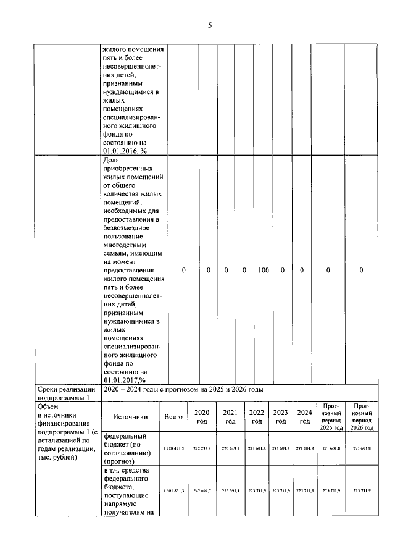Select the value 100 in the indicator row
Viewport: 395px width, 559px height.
pos(263,270)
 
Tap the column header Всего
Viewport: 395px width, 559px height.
pos(173,417)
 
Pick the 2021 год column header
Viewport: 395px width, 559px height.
pos(230,417)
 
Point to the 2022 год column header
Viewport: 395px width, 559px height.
pos(256,417)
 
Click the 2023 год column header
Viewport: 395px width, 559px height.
pos(281,417)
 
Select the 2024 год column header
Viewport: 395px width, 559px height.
pos(304,417)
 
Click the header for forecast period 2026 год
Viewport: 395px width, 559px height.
pos(362,417)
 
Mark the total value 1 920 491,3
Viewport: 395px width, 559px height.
pos(173,448)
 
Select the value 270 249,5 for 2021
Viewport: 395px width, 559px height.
pos(230,448)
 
